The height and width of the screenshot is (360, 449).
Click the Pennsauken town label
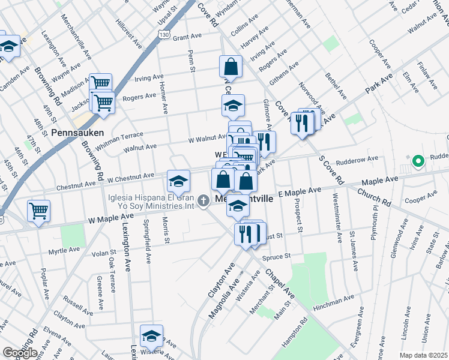pos(77,133)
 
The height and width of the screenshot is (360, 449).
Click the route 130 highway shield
pos(164,36)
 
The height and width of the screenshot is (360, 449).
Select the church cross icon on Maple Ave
pos(203,200)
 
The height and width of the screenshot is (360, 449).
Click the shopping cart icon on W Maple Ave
pos(39,211)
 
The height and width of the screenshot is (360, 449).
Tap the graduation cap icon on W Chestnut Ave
pos(178,181)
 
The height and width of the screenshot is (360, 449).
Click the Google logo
pos(20,353)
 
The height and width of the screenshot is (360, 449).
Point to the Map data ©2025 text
pos(424,355)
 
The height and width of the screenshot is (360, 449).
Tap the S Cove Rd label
pos(331,170)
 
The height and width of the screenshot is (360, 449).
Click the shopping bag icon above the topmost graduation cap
pos(231,67)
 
